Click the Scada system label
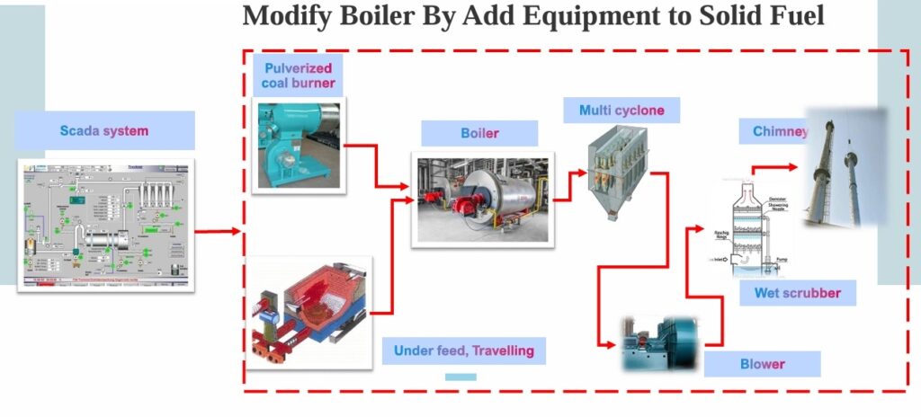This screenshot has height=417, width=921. pyautogui.click(x=104, y=130)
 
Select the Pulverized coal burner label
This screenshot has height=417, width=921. pyautogui.click(x=298, y=75)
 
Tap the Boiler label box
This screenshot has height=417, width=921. pyautogui.click(x=479, y=133)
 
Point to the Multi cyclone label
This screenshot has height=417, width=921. pyautogui.click(x=621, y=110)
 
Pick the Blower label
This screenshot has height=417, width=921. pyautogui.click(x=762, y=364)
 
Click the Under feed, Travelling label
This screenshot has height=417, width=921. pyautogui.click(x=463, y=350)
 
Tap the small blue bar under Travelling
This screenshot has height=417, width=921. pyautogui.click(x=460, y=377)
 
